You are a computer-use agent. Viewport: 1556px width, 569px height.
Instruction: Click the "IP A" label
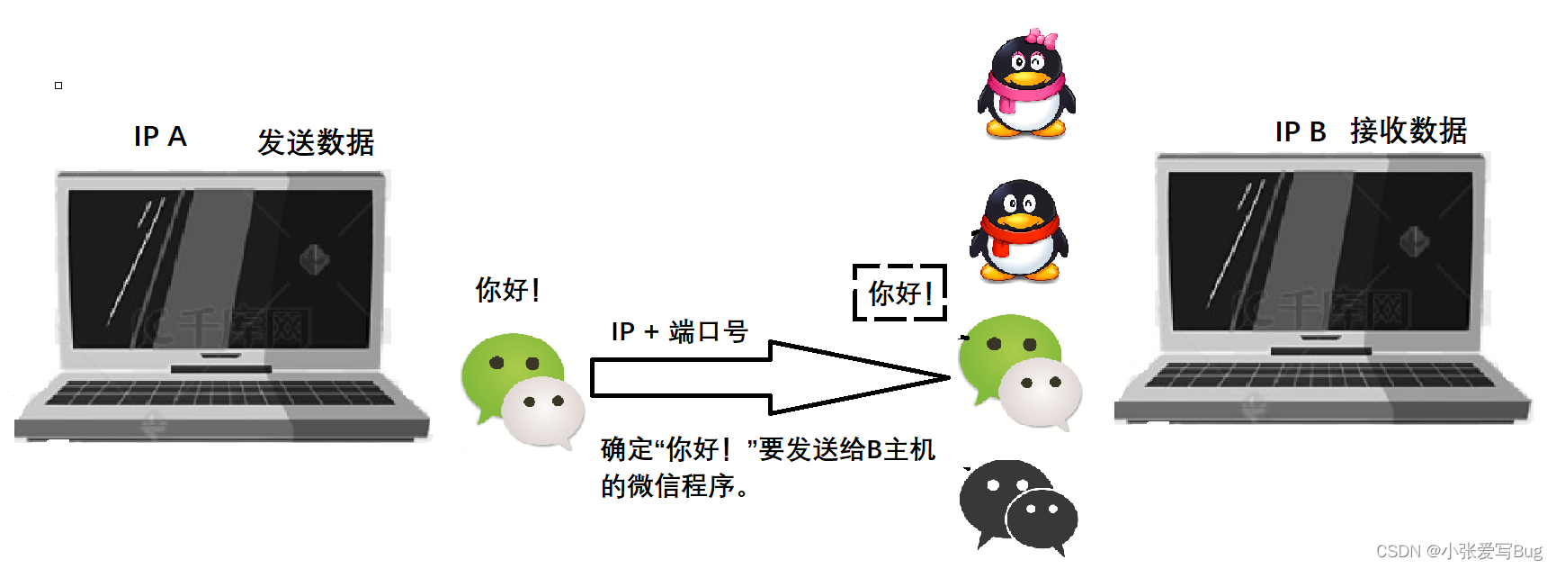(160, 137)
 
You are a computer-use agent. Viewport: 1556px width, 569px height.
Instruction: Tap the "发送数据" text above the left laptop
(316, 142)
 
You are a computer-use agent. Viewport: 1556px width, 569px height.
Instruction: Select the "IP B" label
(1301, 132)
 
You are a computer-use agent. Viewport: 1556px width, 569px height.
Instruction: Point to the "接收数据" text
(1408, 131)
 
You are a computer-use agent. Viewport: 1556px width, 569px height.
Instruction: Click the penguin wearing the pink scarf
(1026, 90)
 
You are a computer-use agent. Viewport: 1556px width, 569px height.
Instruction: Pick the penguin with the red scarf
(1019, 233)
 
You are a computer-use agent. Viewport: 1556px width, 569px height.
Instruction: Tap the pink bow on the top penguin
(1041, 38)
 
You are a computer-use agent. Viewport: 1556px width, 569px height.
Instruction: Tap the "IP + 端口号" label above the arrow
(679, 331)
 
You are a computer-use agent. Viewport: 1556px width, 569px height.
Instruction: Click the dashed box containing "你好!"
(899, 293)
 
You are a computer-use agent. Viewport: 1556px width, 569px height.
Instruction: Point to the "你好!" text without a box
(507, 290)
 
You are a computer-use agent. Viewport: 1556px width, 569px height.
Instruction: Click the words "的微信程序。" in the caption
(675, 486)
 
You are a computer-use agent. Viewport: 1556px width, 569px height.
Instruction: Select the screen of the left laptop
(221, 268)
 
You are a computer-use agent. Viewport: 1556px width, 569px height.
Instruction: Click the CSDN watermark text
(1458, 551)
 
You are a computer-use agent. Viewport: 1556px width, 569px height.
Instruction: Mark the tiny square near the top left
(58, 86)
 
